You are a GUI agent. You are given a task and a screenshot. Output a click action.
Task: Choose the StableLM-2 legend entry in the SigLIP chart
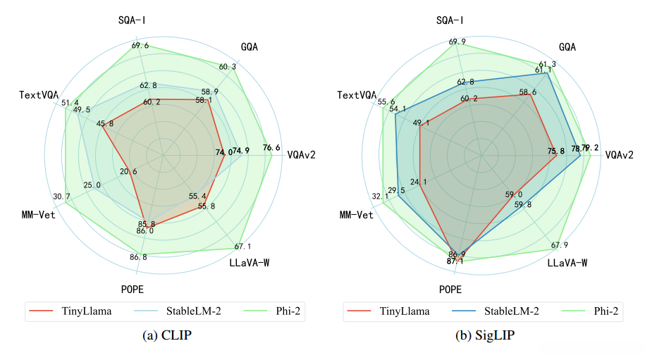point(514,311)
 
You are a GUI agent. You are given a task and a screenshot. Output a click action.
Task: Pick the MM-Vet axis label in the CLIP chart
point(39,214)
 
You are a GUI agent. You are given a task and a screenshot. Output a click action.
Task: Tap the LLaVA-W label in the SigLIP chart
point(568,264)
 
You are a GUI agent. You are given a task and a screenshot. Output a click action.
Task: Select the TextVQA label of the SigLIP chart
point(356,95)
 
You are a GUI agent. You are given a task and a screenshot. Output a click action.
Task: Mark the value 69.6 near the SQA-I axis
point(140,46)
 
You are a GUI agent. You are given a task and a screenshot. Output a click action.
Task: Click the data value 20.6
point(129,171)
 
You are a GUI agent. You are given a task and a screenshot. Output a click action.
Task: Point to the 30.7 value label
point(61,196)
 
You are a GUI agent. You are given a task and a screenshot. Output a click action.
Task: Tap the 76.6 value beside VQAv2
point(271,148)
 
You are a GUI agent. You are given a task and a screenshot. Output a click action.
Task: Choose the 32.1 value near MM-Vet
point(381,197)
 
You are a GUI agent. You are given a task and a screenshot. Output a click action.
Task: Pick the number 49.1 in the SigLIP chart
point(422,123)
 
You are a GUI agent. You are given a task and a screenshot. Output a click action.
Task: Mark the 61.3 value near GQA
point(547,64)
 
